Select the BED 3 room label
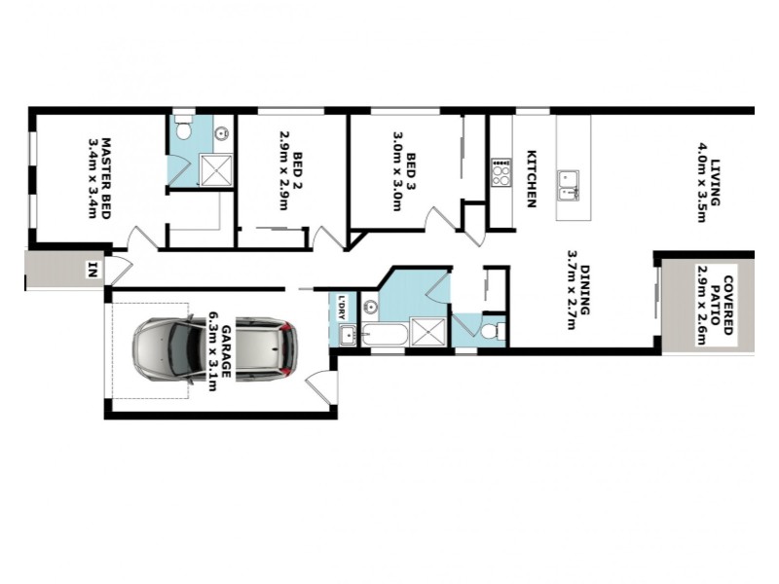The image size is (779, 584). [x=412, y=171]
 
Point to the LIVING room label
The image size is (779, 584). [x=715, y=180]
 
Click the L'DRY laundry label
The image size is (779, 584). [x=342, y=307]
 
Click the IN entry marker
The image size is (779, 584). [x=93, y=269]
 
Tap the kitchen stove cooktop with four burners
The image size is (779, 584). [x=501, y=175]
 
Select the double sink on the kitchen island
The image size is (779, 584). [x=569, y=183]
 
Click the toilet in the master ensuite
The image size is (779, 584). [x=182, y=130]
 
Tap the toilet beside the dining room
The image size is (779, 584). [x=491, y=332]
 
